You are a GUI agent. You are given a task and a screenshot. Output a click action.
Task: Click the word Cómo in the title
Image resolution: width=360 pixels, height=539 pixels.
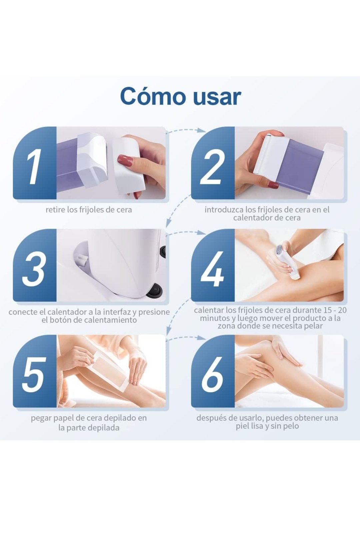[x=154, y=96]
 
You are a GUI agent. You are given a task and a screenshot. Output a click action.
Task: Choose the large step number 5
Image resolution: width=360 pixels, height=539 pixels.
[x=34, y=374]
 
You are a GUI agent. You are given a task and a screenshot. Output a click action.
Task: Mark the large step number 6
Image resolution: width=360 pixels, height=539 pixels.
[x=212, y=374]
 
